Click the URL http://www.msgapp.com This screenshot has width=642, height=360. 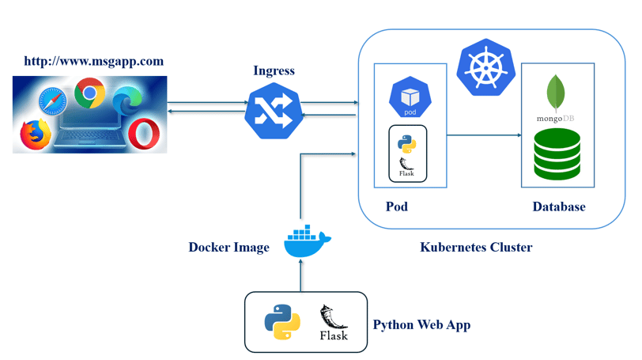click(x=94, y=62)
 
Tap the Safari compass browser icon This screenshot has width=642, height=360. click(x=53, y=101)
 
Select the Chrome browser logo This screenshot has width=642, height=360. click(x=89, y=93)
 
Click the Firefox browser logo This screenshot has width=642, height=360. click(x=36, y=135)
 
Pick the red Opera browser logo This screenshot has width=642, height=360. click(x=144, y=134)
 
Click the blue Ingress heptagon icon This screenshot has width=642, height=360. click(x=274, y=111)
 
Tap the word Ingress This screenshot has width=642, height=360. click(x=274, y=70)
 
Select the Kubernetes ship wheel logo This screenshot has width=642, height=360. click(x=486, y=67)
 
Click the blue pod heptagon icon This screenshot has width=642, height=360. click(x=410, y=97)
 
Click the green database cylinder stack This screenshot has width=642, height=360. click(x=557, y=154)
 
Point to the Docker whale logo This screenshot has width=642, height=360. click(x=307, y=241)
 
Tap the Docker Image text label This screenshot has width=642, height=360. click(x=228, y=248)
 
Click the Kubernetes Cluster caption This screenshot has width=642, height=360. click(x=476, y=248)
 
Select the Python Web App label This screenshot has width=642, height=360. click(x=421, y=324)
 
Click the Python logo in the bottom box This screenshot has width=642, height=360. click(x=282, y=322)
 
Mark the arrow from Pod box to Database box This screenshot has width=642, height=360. click(x=484, y=135)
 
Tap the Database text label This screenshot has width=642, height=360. click(x=559, y=207)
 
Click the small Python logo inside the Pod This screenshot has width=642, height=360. click(x=407, y=144)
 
